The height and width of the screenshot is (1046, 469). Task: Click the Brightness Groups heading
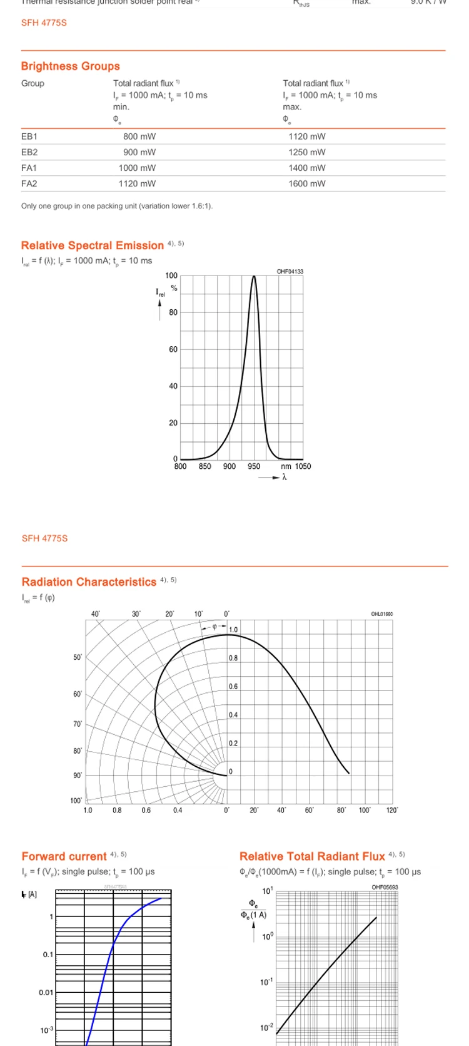tap(70, 66)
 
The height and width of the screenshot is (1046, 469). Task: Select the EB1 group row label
tap(29, 136)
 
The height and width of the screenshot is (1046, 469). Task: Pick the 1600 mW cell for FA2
tap(306, 183)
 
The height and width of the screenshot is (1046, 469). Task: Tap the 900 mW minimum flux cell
tap(139, 152)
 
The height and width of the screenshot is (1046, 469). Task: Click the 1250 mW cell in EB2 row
tap(306, 152)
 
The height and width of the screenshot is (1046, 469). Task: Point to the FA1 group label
tap(29, 168)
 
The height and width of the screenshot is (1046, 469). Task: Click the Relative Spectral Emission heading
tap(92, 245)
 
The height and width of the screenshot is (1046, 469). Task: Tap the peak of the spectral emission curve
tap(254, 276)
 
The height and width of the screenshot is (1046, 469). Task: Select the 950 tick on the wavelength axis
tap(254, 466)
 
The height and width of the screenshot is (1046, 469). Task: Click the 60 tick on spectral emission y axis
tap(173, 349)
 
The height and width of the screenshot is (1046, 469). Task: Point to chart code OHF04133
tap(290, 272)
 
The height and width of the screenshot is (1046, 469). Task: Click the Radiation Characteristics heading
tap(89, 582)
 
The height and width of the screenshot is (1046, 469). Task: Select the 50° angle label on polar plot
tap(78, 657)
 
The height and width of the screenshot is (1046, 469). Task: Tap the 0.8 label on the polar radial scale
tap(233, 658)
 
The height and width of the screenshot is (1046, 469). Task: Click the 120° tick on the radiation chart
tap(392, 810)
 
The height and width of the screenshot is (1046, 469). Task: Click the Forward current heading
tap(64, 856)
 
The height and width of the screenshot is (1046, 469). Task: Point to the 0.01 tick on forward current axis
tap(46, 992)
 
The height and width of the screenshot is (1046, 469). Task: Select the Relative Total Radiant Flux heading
tap(312, 856)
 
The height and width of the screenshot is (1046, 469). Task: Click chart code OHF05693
tap(385, 887)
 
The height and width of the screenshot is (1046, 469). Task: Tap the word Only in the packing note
tap(29, 206)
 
